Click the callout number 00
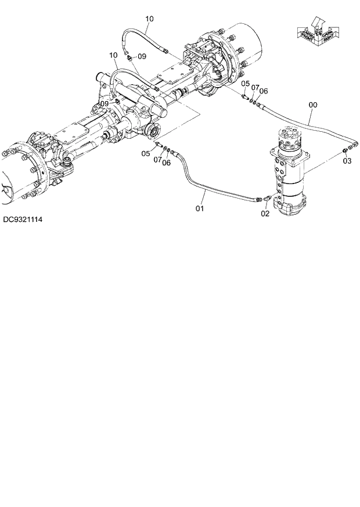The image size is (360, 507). (x=313, y=105)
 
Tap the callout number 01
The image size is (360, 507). (x=200, y=207)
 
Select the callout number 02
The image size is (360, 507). (x=265, y=213)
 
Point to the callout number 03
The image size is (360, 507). (x=347, y=161)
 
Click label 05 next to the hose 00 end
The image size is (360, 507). (x=245, y=85)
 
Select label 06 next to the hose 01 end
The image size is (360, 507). (x=167, y=163)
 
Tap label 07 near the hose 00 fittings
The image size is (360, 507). (x=255, y=88)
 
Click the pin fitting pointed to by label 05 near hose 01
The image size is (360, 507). (x=158, y=145)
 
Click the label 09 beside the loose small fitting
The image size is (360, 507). (x=142, y=56)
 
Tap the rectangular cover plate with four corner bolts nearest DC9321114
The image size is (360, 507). (x=70, y=138)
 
